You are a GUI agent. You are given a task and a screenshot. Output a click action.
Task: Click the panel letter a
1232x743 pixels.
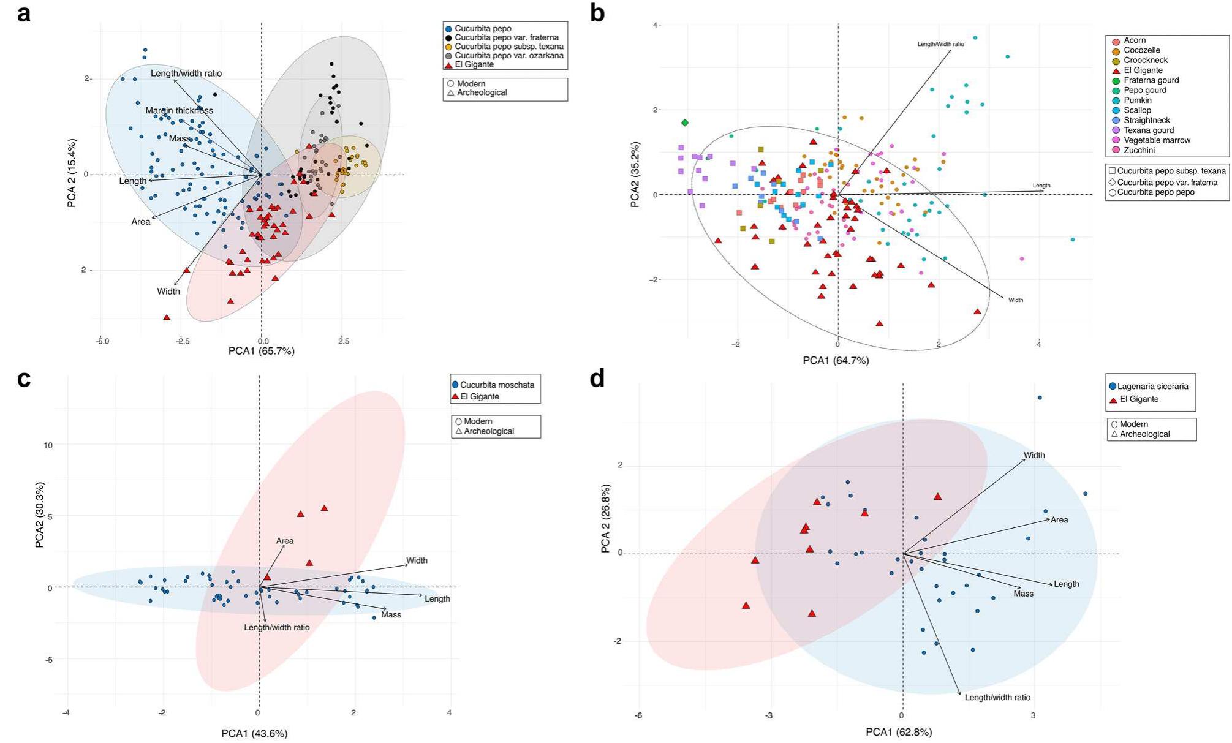tap(23, 13)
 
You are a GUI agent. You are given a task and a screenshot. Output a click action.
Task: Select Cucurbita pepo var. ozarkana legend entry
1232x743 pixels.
tap(508, 55)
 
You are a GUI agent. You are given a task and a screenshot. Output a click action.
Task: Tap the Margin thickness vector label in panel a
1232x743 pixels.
tap(179, 111)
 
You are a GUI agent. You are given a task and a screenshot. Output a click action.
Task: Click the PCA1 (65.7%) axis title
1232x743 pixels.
tap(262, 351)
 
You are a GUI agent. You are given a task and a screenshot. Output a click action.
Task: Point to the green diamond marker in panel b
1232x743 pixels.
tap(685, 123)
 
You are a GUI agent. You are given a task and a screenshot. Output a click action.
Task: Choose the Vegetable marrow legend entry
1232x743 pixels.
tap(1157, 140)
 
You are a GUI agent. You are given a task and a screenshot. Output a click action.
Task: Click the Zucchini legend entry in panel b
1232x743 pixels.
tap(1139, 150)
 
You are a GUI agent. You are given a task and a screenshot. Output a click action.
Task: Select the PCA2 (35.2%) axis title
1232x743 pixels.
tap(635, 175)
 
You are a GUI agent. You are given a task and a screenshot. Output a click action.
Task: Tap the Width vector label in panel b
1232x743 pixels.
tap(1016, 300)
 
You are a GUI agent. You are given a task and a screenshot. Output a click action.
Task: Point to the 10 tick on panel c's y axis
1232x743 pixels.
tap(47, 445)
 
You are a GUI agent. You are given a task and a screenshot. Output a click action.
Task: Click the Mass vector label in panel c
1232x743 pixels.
tap(391, 614)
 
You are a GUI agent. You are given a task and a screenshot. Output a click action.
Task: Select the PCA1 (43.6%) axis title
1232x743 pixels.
tap(254, 733)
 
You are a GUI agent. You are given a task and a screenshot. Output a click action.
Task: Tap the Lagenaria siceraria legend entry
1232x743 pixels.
tap(1152, 387)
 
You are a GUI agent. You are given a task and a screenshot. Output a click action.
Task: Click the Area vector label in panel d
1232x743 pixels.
tap(1059, 520)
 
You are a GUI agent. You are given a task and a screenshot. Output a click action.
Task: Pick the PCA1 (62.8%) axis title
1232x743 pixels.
tap(899, 732)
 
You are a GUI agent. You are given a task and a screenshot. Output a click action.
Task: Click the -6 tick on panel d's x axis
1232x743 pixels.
tap(639, 715)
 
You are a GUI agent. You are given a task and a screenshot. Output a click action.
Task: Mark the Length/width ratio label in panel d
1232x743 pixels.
tap(997, 698)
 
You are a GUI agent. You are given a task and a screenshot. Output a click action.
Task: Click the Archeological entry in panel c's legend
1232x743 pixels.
tap(488, 431)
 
